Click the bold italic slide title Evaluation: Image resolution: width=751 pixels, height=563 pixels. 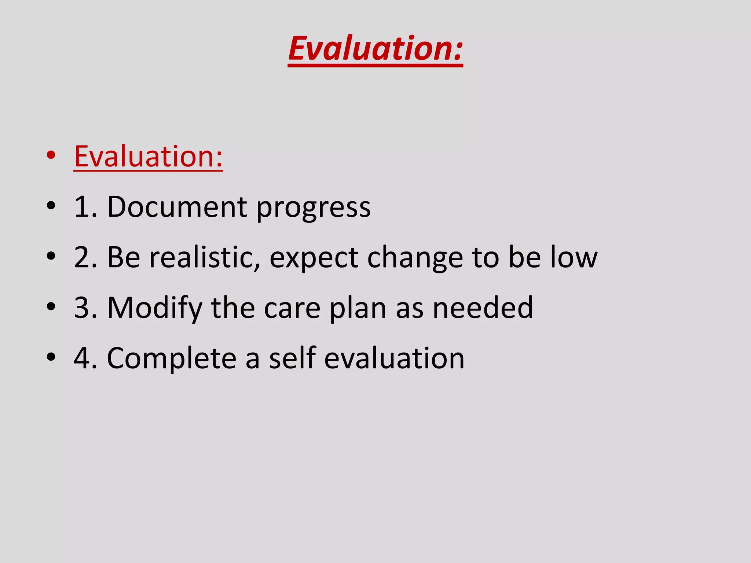click(375, 48)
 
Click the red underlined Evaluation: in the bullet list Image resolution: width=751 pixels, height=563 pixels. click(148, 156)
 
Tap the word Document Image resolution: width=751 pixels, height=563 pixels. click(177, 207)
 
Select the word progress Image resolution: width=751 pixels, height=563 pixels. click(314, 208)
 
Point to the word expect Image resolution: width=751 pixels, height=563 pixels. click(314, 259)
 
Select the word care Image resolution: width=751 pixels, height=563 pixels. click(292, 309)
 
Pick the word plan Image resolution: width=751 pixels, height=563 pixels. click(358, 309)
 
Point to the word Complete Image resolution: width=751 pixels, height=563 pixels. click(172, 358)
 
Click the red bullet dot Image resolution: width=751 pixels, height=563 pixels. click(51, 155)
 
